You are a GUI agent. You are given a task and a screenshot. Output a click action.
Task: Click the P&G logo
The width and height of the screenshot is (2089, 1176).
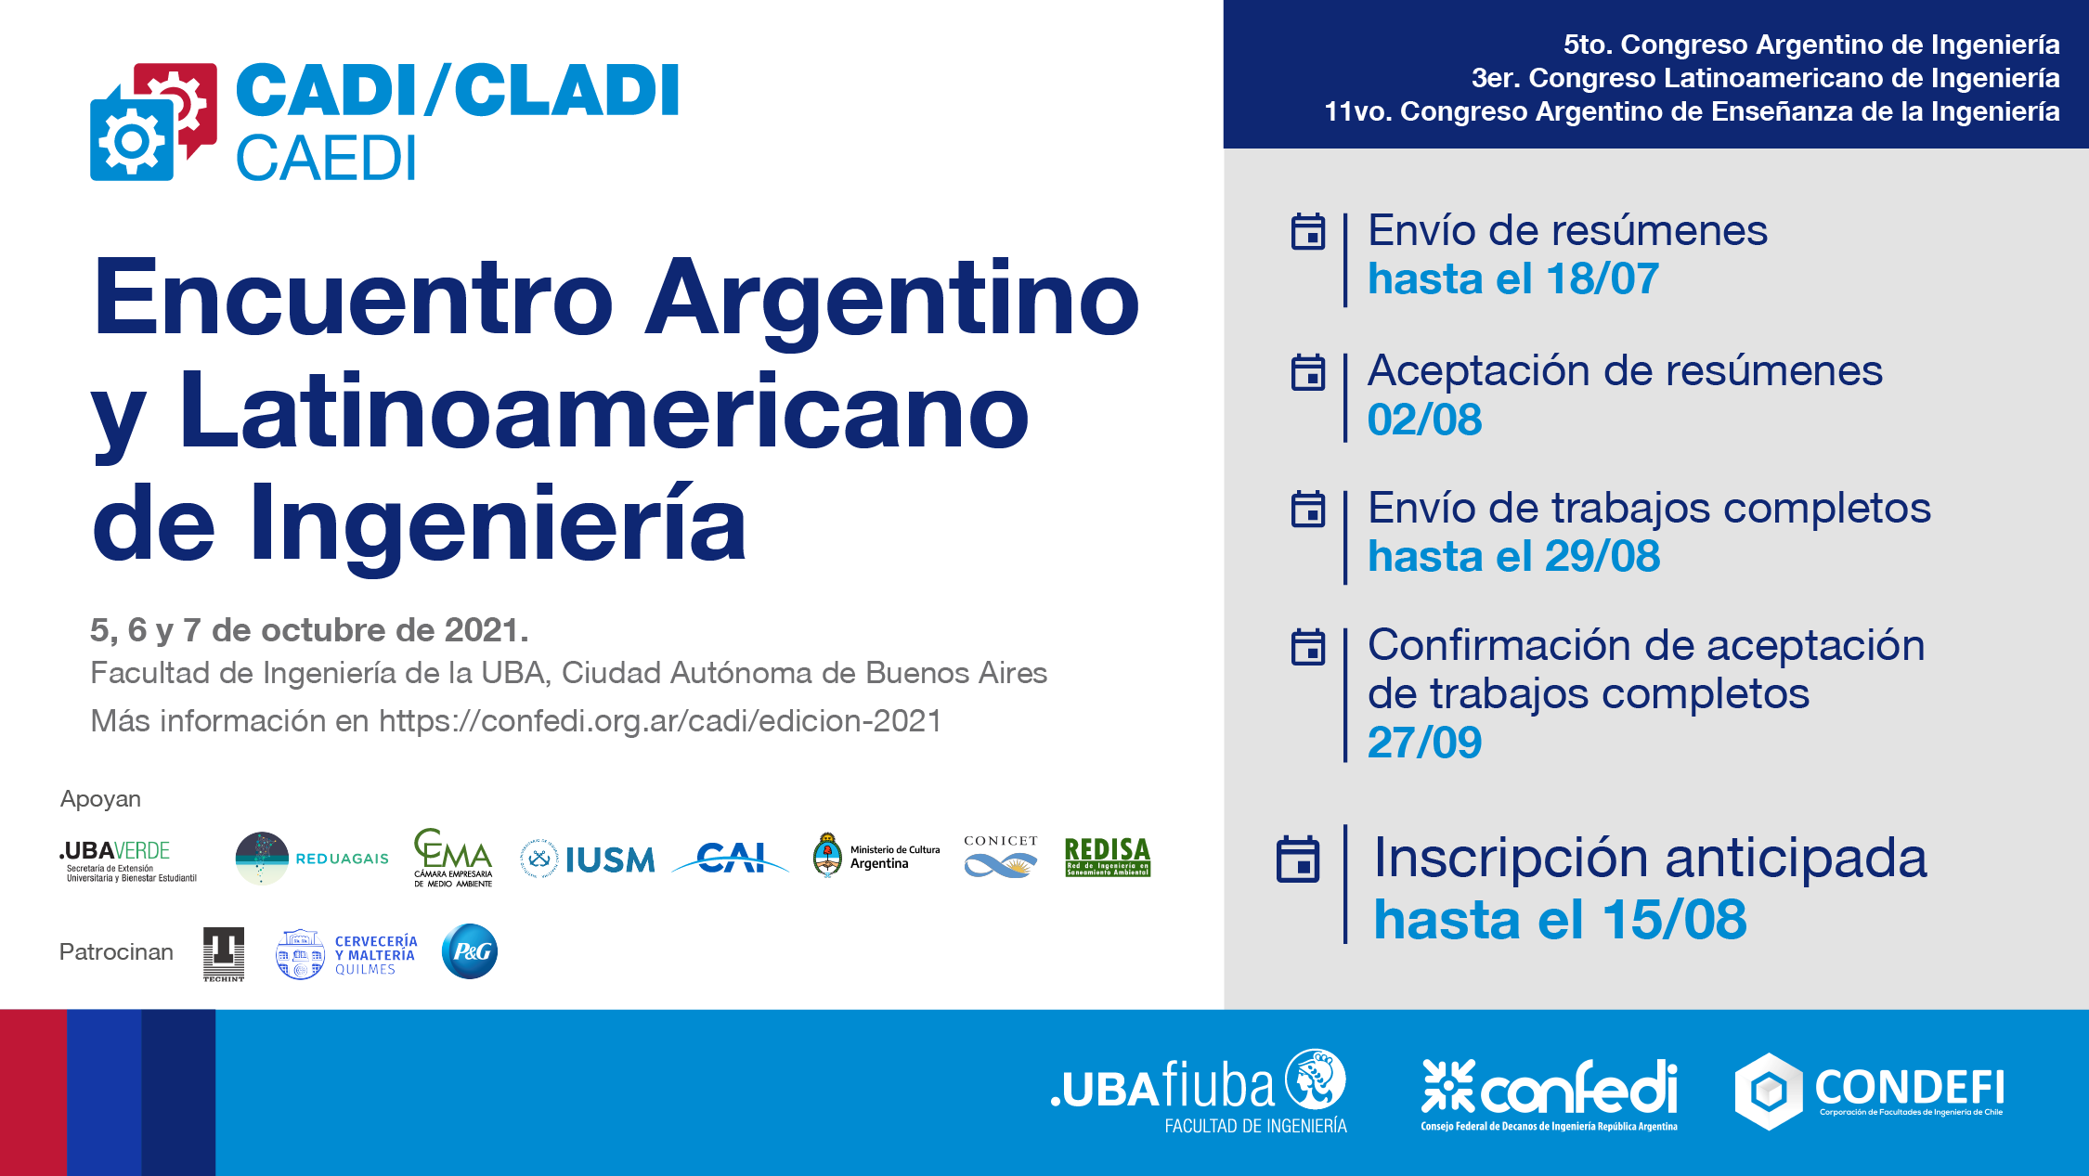(470, 951)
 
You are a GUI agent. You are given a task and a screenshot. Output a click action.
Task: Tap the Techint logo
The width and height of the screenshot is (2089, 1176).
(224, 953)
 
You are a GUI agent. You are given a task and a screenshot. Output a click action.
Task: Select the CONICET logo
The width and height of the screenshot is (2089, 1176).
(1000, 856)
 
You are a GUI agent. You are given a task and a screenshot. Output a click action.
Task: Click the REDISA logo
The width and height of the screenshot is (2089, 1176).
(1107, 856)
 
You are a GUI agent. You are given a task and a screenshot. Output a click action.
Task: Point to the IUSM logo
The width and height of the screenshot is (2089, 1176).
(588, 859)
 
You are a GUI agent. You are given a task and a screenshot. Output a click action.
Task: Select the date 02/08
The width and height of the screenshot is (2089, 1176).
(1424, 420)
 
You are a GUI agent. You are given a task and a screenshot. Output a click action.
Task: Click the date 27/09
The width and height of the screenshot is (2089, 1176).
(1424, 743)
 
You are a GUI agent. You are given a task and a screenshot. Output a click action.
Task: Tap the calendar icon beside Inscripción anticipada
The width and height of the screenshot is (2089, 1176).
(1298, 859)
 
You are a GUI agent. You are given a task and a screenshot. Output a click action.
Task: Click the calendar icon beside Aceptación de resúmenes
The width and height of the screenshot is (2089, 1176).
(1308, 372)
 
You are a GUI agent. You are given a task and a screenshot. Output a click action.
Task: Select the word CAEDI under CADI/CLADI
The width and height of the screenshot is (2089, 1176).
(326, 159)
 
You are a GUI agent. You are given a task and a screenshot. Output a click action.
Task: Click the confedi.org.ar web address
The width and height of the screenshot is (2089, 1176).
(660, 721)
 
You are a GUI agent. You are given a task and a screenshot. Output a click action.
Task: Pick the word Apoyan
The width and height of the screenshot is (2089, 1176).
(100, 799)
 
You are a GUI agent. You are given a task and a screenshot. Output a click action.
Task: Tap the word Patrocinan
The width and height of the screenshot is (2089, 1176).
(116, 952)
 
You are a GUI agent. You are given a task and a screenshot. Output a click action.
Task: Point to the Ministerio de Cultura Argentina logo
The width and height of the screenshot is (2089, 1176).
(876, 856)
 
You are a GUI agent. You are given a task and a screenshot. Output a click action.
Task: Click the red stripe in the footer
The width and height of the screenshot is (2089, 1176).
(33, 1092)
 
